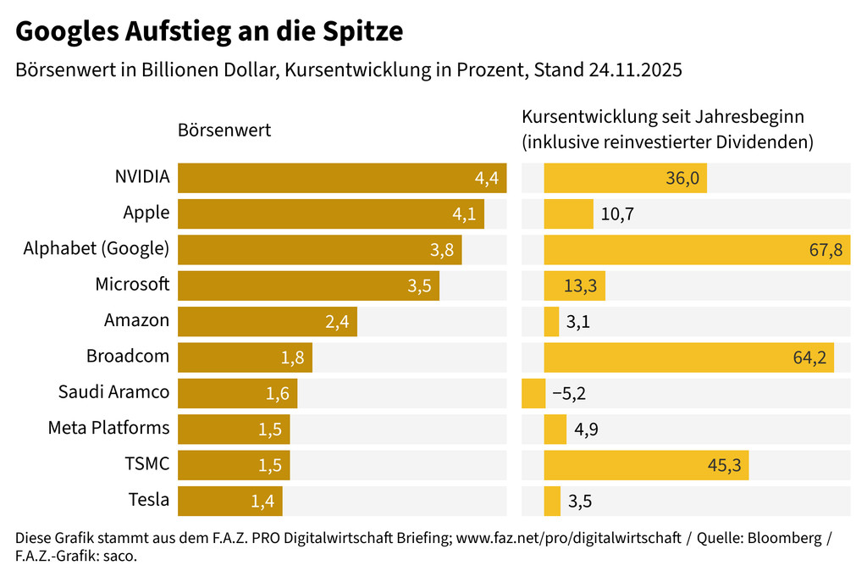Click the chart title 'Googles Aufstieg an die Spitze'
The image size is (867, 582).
tap(209, 32)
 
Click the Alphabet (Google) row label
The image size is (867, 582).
tap(97, 249)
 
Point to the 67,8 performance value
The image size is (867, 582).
tap(826, 250)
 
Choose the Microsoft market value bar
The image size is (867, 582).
tap(308, 285)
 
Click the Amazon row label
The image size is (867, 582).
tap(136, 320)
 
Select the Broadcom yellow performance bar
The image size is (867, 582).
tap(688, 358)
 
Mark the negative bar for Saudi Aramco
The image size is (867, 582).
tap(533, 393)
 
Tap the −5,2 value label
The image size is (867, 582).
tap(569, 394)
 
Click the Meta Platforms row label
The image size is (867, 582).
tap(108, 429)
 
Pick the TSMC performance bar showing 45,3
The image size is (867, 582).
tap(646, 465)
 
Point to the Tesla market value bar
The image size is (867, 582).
tap(229, 501)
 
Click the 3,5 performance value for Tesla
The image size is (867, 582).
tap(580, 502)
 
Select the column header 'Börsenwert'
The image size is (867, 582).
tap(224, 130)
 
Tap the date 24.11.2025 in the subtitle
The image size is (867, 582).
tap(635, 70)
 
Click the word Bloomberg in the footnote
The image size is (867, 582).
tap(782, 539)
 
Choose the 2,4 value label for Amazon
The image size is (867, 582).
tap(337, 322)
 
